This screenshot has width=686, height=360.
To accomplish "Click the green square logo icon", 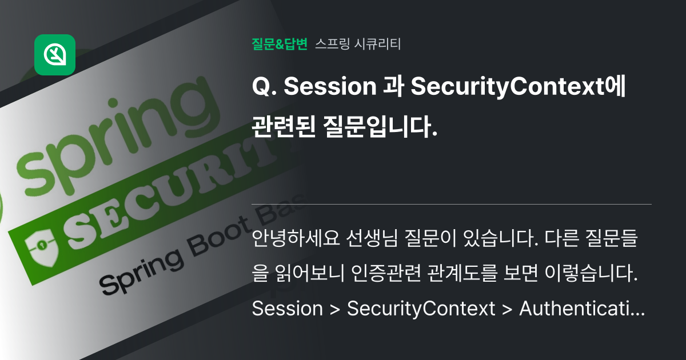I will pos(55,55).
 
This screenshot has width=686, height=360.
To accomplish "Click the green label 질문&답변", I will pos(280,44).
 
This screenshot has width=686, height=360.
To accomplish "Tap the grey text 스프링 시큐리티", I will pos(358,44).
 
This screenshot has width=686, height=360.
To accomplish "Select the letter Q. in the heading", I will pos(263,87).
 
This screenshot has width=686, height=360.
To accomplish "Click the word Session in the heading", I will pos(329,87).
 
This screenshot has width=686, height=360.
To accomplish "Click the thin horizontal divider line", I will pos(452,204).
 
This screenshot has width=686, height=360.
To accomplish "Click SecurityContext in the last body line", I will pos(421,309).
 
